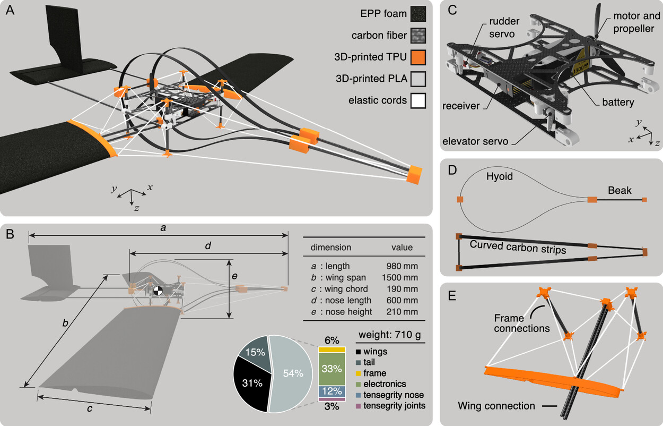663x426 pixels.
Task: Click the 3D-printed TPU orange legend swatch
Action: click(420, 57)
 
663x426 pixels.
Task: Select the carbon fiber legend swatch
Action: click(420, 36)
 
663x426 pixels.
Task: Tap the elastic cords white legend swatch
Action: click(420, 100)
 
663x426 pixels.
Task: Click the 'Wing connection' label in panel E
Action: click(496, 406)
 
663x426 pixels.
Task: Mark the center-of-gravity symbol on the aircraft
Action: click(158, 291)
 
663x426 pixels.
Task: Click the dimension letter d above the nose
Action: click(208, 246)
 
